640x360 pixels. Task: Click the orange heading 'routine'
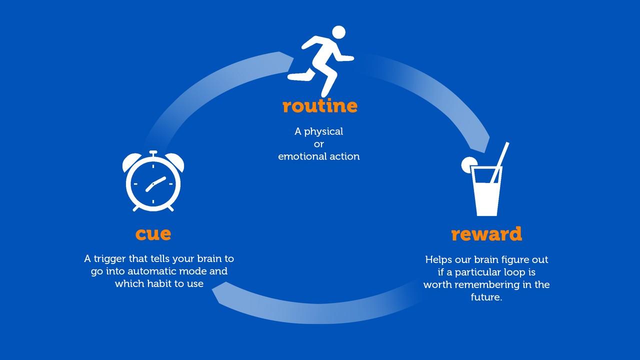pyautogui.click(x=319, y=106)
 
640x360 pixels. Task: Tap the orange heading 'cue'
pyautogui.click(x=153, y=233)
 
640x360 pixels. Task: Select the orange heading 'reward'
pyautogui.click(x=486, y=234)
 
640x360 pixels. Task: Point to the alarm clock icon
pyautogui.click(x=153, y=181)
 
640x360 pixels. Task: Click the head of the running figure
pyautogui.click(x=338, y=32)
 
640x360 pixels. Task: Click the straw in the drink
pyautogui.click(x=500, y=162)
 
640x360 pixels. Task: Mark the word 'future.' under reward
pyautogui.click(x=486, y=297)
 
